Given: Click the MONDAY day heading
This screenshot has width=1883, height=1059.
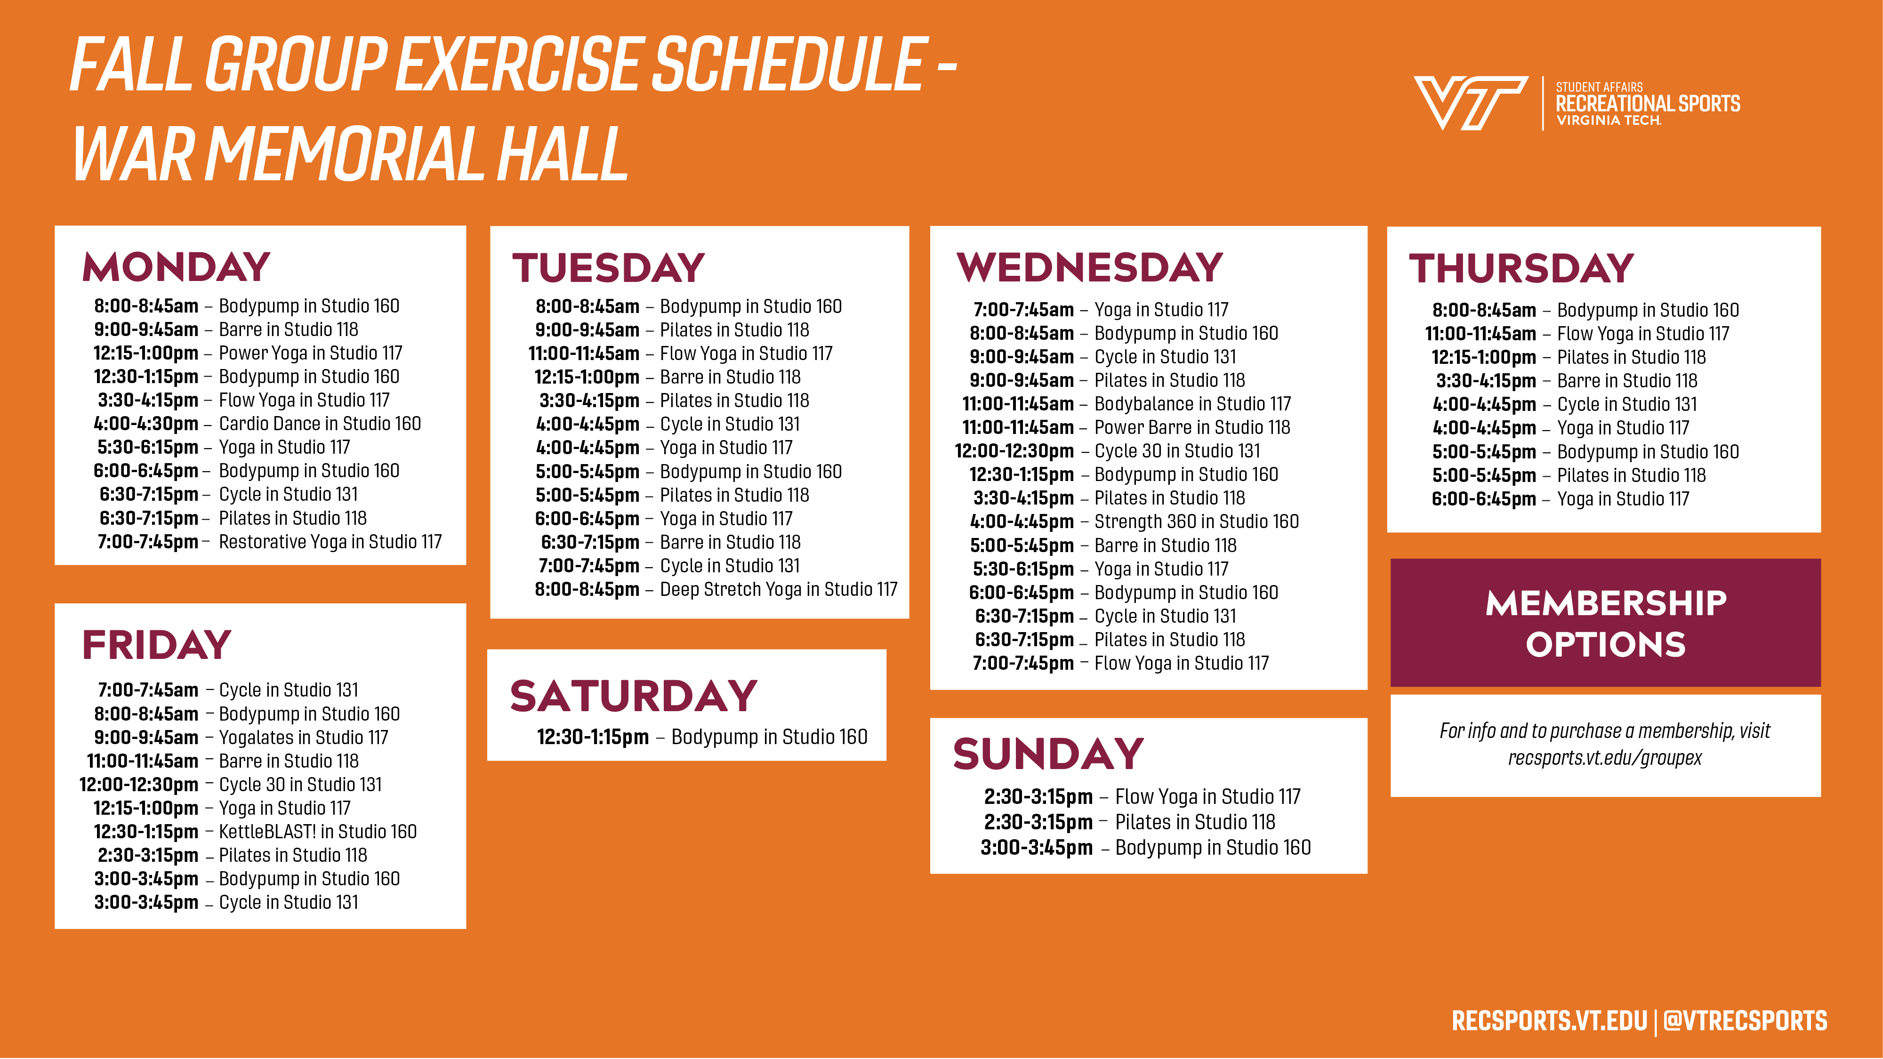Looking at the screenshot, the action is click(x=176, y=267).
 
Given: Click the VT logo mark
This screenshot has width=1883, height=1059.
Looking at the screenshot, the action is click(x=1470, y=103).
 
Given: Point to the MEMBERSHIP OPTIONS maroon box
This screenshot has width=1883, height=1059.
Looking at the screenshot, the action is click(x=1605, y=623).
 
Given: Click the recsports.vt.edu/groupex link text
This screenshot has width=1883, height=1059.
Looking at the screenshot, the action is click(x=1605, y=758).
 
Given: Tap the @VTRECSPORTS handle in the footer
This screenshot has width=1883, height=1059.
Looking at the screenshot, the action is click(x=1745, y=1021).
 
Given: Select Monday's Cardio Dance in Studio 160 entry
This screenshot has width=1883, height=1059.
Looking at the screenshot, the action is click(x=320, y=424).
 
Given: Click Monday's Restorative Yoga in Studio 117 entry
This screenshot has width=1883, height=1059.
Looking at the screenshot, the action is click(x=330, y=542).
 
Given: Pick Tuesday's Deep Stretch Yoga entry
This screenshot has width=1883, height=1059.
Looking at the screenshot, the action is click(x=779, y=589).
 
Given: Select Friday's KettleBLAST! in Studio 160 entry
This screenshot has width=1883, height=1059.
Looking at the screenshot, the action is click(x=318, y=832).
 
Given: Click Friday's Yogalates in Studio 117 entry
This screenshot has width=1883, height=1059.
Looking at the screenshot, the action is click(x=303, y=738).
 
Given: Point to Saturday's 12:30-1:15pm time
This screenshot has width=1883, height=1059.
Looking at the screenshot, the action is click(x=593, y=737).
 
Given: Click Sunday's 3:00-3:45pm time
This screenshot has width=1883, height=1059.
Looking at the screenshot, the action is click(x=1037, y=848).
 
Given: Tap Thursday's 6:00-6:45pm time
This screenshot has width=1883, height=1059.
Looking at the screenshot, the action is click(x=1484, y=499).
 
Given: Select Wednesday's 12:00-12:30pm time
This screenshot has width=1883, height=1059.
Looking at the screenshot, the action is click(x=1014, y=451).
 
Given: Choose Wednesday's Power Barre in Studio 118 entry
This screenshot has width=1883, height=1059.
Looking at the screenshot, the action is click(x=1192, y=427).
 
